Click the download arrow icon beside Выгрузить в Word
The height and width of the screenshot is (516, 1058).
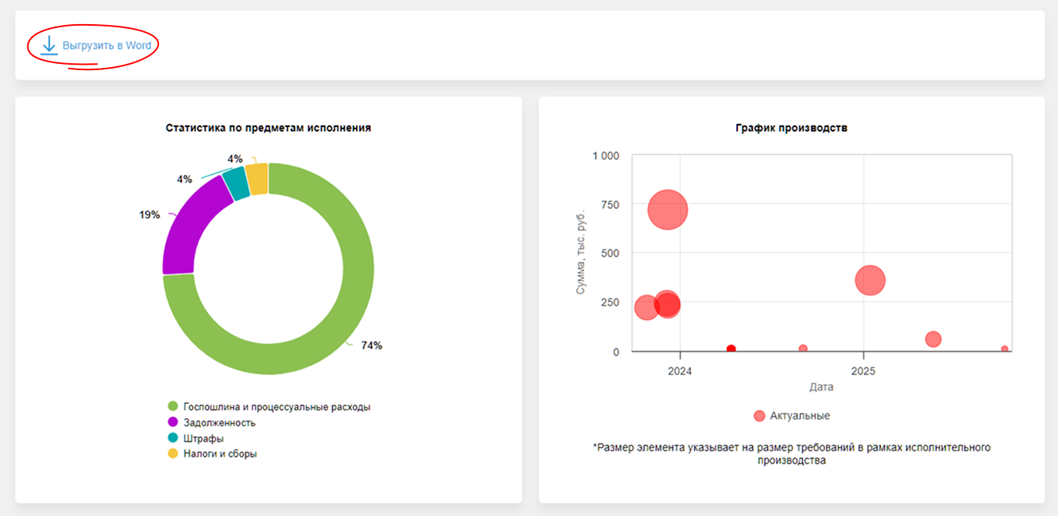49,45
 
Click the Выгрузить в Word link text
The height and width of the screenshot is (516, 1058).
107,46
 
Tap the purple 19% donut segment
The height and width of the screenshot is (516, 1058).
187,226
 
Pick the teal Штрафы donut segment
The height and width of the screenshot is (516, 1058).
235,184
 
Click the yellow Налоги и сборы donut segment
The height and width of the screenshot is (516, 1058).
257,178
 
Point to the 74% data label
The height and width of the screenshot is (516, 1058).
372,345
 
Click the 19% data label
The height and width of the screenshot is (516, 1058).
150,214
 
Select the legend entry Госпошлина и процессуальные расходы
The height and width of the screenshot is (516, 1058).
276,407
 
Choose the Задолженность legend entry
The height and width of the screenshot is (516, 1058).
219,422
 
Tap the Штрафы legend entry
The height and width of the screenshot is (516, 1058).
203,438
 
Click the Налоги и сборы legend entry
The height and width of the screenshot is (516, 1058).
220,454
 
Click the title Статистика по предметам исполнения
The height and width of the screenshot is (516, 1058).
268,128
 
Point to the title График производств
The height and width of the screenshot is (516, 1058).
791,128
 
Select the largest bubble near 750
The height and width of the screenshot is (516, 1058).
668,210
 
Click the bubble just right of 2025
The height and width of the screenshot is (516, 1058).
870,281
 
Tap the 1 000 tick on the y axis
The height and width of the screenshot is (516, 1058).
605,156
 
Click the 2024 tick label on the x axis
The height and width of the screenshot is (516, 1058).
680,371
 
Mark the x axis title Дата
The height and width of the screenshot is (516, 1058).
821,387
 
